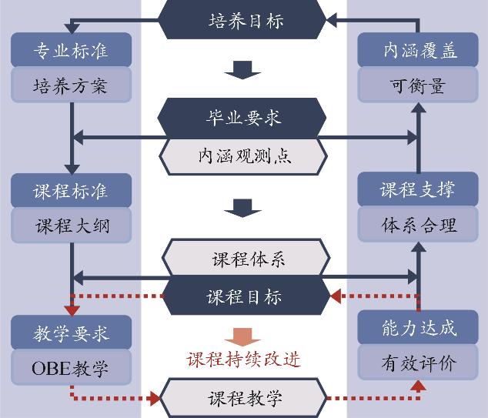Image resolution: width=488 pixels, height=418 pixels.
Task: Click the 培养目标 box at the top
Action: point(244,20)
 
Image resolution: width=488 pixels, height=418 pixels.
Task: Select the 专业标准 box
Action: point(72,51)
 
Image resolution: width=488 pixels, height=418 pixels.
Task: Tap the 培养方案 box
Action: point(72,84)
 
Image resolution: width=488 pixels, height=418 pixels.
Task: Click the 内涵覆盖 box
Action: point(419,51)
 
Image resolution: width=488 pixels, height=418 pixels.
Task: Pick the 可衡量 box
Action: point(419,84)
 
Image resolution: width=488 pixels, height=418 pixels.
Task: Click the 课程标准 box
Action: point(72,190)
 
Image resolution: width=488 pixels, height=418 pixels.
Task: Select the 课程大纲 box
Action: point(72,226)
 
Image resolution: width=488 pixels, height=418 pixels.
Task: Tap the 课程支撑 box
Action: point(419,190)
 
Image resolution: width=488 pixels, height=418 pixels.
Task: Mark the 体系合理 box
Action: point(419,226)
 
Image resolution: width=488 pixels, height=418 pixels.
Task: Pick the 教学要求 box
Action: point(72,332)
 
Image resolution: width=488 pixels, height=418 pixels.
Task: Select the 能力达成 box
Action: point(419,329)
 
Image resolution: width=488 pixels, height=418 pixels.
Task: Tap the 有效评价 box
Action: point(419,363)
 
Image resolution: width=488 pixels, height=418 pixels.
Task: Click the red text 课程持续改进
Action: point(244,359)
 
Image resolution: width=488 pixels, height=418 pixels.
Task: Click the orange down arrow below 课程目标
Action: point(243,336)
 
